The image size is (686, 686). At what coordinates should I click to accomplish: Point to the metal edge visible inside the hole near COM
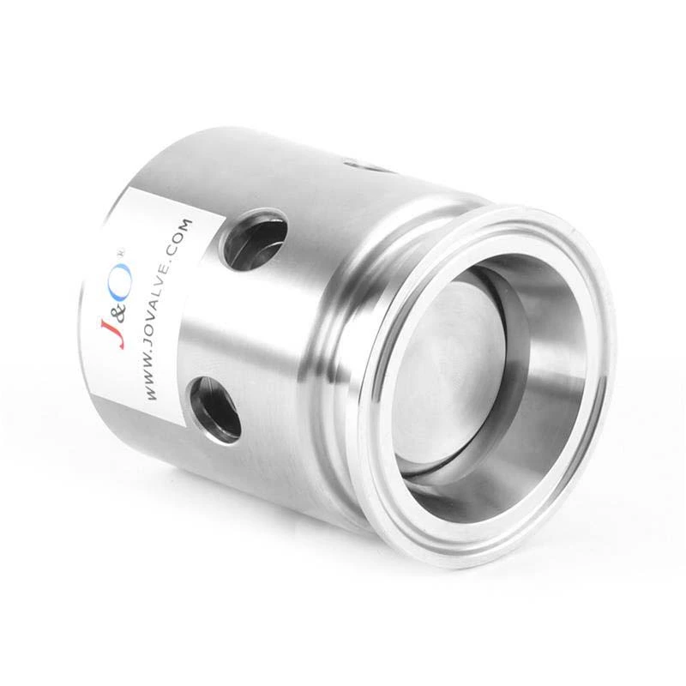click(x=249, y=244)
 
